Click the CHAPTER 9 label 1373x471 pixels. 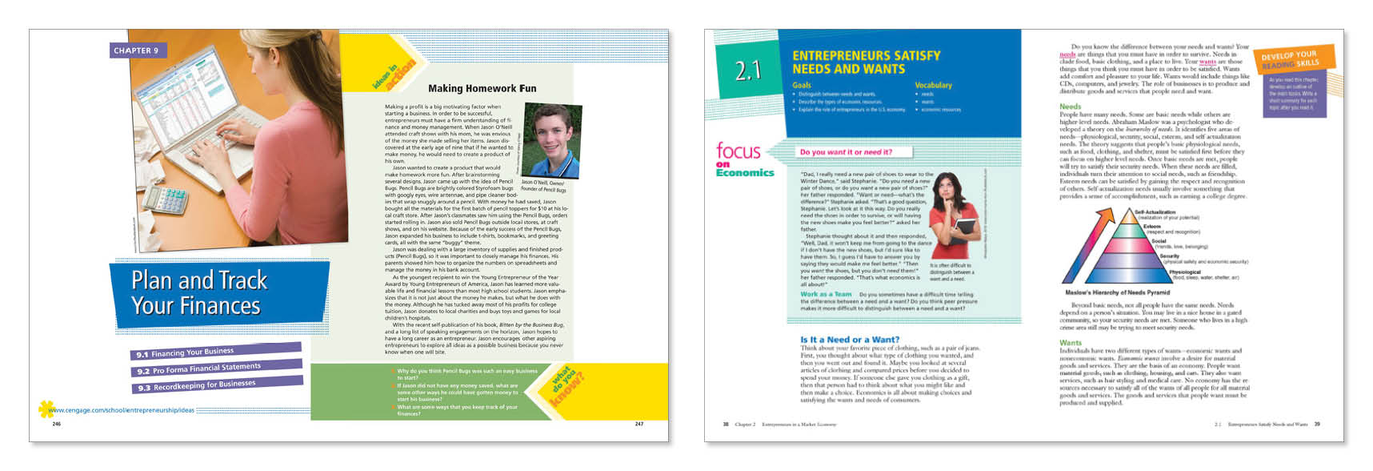pyautogui.click(x=138, y=50)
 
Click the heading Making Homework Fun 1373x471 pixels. pyautogui.click(x=482, y=88)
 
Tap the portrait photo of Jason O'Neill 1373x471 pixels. pyautogui.click(x=550, y=139)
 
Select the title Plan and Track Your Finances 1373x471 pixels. pyautogui.click(x=197, y=293)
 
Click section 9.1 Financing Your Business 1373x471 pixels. pyautogui.click(x=186, y=352)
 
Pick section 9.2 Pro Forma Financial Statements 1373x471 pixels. pyautogui.click(x=198, y=368)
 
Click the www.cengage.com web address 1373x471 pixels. pyautogui.click(x=121, y=410)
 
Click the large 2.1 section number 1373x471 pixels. pyautogui.click(x=747, y=71)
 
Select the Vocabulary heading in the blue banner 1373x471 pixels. pyautogui.click(x=933, y=85)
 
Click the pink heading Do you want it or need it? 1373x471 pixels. pyautogui.click(x=845, y=152)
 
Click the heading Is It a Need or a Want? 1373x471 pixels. pyautogui.click(x=850, y=340)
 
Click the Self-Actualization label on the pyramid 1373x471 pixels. pyautogui.click(x=1155, y=212)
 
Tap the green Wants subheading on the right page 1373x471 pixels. pyautogui.click(x=1070, y=343)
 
